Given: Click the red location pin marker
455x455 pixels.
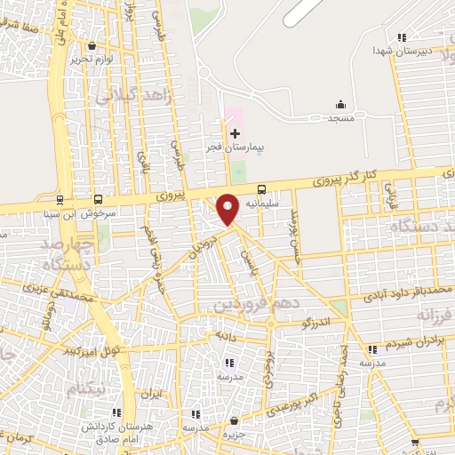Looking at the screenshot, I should tap(228, 208).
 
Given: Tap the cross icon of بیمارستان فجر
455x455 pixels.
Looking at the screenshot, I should tap(235, 132).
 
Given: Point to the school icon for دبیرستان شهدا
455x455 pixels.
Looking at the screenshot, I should tap(403, 37).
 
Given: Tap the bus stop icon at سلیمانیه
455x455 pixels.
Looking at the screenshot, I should tap(261, 188).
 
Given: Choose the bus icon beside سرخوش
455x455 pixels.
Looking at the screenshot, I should tap(98, 200).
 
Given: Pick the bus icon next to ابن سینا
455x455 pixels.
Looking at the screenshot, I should tap(60, 200).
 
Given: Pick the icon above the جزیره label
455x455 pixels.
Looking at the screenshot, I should tap(235, 420).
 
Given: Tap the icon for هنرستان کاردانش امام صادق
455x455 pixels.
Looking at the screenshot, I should tap(117, 412).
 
